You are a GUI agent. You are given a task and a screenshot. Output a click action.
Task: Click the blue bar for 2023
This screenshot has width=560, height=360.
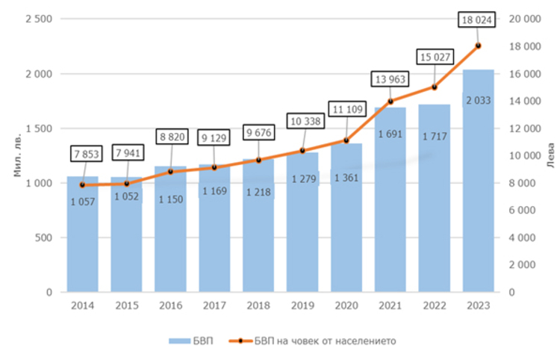[x=478, y=187]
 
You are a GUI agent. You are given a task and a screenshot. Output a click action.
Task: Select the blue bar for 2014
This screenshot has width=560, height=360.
[x=82, y=239]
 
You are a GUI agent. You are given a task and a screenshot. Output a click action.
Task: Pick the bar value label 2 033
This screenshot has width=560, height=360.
[x=478, y=100]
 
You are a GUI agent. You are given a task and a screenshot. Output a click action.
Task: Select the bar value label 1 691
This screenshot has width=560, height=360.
[x=391, y=134]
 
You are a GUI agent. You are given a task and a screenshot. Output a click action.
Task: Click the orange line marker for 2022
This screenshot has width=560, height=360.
[x=435, y=87]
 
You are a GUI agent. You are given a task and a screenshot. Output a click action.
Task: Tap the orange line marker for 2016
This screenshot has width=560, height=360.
[x=170, y=172]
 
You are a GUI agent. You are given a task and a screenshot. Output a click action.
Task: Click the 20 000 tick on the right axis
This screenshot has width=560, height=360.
[x=522, y=19]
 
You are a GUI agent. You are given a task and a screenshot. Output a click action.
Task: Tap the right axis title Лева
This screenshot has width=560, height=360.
[x=550, y=155]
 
